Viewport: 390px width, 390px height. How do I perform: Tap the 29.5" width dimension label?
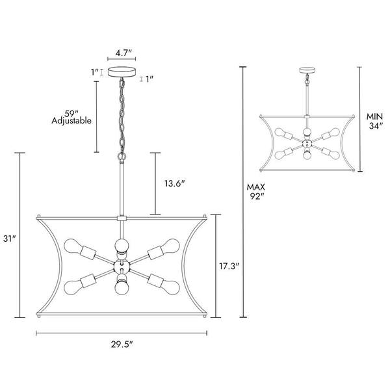pos(122,344)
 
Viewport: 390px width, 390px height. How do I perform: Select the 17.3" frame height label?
pos(229,266)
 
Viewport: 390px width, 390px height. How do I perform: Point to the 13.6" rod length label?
pos(175,183)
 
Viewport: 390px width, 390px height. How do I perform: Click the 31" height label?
pos(10,239)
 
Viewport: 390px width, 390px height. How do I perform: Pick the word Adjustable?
pos(71,121)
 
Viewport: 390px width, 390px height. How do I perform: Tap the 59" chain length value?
pos(70,114)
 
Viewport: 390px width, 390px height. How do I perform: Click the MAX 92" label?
pos(255,192)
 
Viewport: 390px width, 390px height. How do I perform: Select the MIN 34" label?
pos(374,121)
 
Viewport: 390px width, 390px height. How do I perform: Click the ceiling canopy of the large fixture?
pos(122,72)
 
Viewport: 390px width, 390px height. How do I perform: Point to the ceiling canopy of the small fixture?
pos(307,70)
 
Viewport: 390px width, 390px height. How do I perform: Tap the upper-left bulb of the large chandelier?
pos(71,246)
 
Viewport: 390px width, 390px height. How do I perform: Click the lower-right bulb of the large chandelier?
pos(172,287)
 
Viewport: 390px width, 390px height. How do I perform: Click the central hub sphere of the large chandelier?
pos(122,266)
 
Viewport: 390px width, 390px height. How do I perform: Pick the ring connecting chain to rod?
pos(122,157)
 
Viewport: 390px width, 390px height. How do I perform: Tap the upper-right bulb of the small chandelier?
pos(335,132)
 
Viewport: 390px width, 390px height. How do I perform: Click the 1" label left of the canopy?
pos(95,72)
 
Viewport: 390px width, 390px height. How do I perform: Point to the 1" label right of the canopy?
pos(149,79)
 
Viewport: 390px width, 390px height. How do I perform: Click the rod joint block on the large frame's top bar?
pos(122,218)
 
